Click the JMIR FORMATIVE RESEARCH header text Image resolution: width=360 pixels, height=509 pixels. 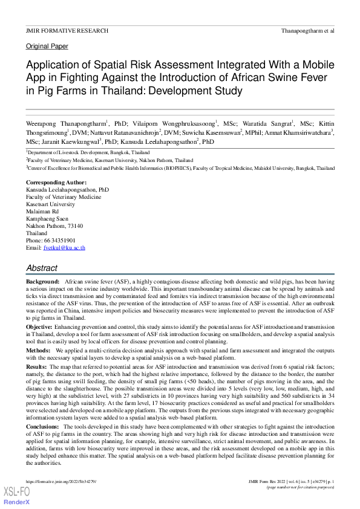tap(67, 30)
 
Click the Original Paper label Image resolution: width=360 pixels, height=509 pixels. tap(47, 47)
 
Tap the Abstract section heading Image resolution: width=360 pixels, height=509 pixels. tap(42, 268)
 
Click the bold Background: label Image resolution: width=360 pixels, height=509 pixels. tap(42, 282)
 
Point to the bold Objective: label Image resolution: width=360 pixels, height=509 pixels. tap(39, 326)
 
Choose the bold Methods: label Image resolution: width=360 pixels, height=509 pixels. tap(38, 350)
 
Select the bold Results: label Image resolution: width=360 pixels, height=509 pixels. tap(37, 367)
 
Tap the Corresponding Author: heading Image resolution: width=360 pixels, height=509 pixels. tap(56, 183)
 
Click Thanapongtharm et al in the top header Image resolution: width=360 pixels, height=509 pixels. tap(308, 30)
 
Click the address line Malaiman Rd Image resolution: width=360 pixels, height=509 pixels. tap(42, 212)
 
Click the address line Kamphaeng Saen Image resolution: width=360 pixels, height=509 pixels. tap(47, 219)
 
